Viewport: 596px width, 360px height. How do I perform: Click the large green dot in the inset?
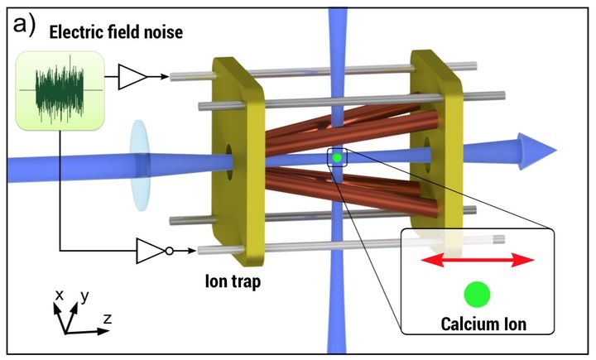(476, 293)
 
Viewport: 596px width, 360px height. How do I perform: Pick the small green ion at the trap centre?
(337, 156)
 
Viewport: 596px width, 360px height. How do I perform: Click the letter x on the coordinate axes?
(59, 294)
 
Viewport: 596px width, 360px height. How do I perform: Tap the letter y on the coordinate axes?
(84, 294)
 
